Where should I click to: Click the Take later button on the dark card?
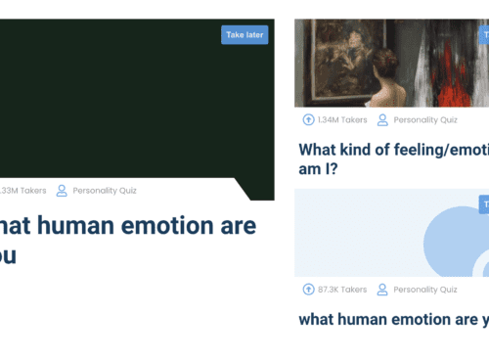pyautogui.click(x=244, y=34)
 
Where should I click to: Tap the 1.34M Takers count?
pyautogui.click(x=342, y=120)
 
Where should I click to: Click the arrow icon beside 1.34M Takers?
pyautogui.click(x=309, y=120)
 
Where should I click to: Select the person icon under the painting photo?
pyautogui.click(x=383, y=120)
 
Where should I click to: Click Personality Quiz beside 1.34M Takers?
pyautogui.click(x=425, y=120)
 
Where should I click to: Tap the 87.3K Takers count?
pyautogui.click(x=342, y=290)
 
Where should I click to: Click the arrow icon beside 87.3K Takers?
pyautogui.click(x=309, y=290)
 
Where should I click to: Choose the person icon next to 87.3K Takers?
pyautogui.click(x=383, y=290)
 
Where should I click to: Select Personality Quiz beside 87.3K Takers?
pyautogui.click(x=425, y=290)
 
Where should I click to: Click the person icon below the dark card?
pyautogui.click(x=62, y=190)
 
